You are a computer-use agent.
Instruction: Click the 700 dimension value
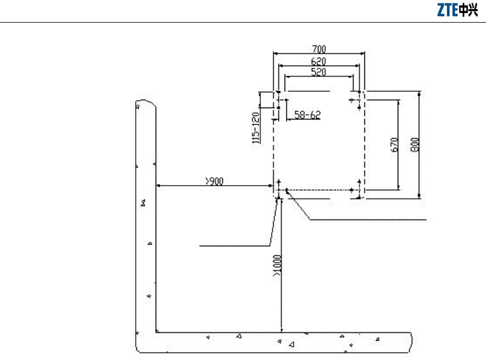[319, 49]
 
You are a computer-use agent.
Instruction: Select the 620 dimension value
[319, 61]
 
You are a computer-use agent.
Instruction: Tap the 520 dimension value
[319, 71]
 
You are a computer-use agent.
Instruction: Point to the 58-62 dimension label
[307, 115]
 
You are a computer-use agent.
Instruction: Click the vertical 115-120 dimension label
[256, 127]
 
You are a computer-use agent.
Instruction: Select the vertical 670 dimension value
[395, 144]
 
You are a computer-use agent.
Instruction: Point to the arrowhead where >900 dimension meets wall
[158, 186]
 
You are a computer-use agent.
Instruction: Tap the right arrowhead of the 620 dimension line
[359, 65]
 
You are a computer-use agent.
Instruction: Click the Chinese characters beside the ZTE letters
[468, 11]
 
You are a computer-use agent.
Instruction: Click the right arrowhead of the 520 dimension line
[353, 76]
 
